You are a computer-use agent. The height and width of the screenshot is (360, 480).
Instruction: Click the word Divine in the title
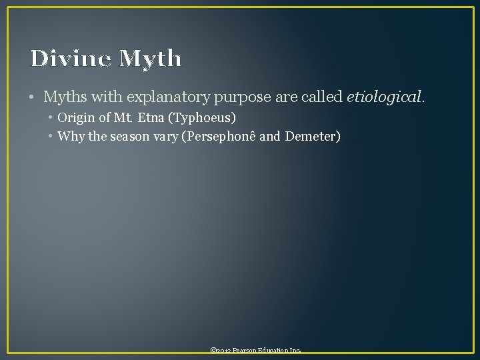71,59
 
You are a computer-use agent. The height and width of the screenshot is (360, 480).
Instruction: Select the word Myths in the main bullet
64,97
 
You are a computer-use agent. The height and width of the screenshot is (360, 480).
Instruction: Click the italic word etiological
384,97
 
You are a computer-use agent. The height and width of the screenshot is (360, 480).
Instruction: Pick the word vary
163,137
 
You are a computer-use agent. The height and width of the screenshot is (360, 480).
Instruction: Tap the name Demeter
312,137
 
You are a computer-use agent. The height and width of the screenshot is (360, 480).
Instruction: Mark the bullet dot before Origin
51,118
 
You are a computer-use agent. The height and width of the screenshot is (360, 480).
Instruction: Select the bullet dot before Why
51,137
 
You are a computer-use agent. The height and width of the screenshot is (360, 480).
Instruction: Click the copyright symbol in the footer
213,351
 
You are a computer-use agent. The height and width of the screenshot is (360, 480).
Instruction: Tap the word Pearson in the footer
245,351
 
